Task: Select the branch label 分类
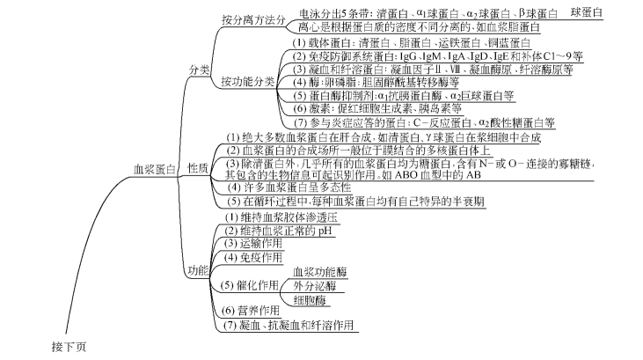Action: pyautogui.click(x=199, y=70)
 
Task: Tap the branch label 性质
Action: pyautogui.click(x=199, y=167)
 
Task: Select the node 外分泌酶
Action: pyautogui.click(x=314, y=286)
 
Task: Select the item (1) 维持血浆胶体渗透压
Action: pyautogui.click(x=274, y=216)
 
